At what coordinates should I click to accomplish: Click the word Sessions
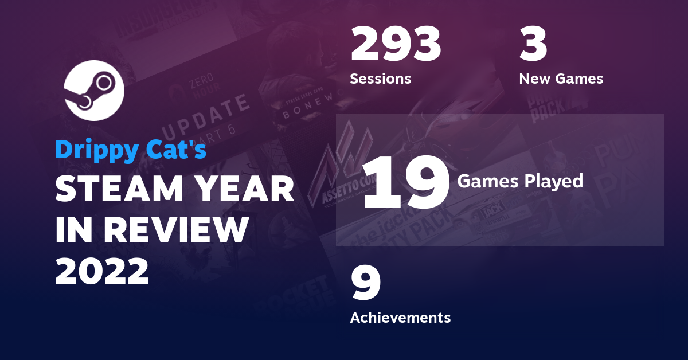[380, 79]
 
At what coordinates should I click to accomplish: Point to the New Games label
[561, 79]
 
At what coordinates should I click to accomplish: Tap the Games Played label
[519, 181]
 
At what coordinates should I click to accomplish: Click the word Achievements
[400, 317]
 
